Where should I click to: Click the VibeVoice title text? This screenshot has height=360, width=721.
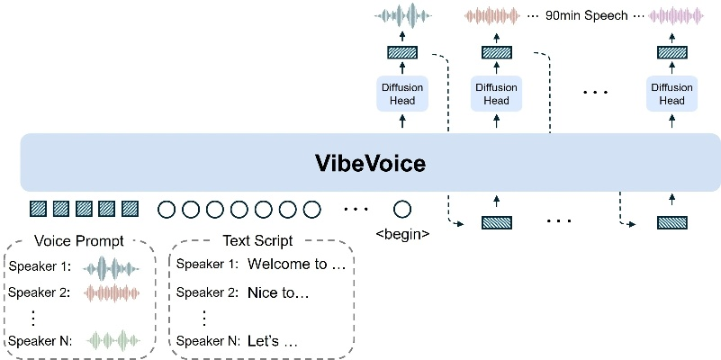[x=370, y=164]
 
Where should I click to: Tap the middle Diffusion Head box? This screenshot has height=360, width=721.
[x=496, y=94]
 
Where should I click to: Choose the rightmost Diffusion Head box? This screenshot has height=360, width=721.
[x=671, y=94]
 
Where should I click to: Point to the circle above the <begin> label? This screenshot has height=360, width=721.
[x=402, y=210]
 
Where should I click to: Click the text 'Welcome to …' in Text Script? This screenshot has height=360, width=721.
[x=296, y=265]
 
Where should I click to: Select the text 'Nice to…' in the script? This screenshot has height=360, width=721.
[x=278, y=292]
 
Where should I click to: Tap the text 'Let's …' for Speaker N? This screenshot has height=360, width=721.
[x=272, y=341]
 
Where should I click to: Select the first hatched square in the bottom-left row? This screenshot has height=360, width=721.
[x=38, y=210]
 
